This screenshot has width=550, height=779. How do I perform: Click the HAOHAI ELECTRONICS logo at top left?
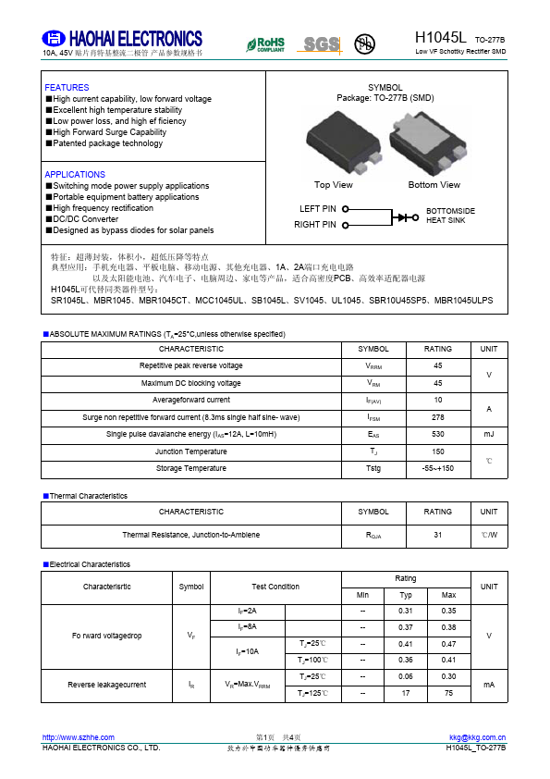click(123, 39)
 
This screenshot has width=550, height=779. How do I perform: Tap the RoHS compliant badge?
click(265, 44)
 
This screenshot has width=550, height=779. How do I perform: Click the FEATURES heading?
click(67, 88)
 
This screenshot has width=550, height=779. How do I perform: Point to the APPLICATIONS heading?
click(75, 175)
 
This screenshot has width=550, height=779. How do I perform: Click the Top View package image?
click(334, 142)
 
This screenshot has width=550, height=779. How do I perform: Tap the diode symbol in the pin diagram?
click(405, 216)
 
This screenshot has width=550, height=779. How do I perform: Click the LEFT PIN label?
click(318, 209)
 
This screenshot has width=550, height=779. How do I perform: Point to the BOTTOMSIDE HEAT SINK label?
click(450, 216)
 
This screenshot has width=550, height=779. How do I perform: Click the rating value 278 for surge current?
click(438, 417)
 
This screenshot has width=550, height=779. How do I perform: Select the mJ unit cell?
click(489, 434)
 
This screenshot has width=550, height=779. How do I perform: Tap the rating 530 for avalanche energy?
click(438, 434)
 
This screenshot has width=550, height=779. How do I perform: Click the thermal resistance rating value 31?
click(438, 535)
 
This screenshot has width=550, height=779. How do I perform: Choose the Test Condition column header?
click(275, 587)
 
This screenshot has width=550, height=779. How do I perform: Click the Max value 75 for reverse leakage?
click(449, 693)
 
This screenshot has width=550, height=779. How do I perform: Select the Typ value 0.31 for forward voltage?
click(406, 611)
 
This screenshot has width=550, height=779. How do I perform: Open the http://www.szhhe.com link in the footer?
click(79, 737)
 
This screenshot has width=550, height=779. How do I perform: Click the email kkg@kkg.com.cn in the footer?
click(477, 737)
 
